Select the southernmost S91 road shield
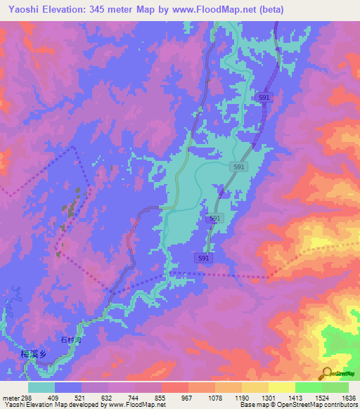point(204,259)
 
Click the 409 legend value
point(53,397)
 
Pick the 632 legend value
point(108,397)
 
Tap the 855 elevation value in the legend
point(161,397)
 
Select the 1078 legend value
point(214,397)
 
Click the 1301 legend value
point(268,397)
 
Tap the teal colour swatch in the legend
point(41,387)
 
